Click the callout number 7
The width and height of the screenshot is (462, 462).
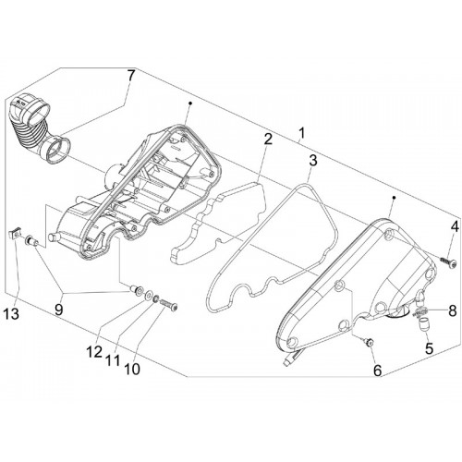(x=131, y=76)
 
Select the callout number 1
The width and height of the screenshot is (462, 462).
(x=301, y=133)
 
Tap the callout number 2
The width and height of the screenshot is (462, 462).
(x=268, y=140)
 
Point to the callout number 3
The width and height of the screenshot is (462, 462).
(x=312, y=160)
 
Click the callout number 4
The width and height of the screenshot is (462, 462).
(x=455, y=227)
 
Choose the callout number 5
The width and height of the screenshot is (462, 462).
(x=429, y=348)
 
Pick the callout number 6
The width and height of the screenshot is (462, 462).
(x=378, y=371)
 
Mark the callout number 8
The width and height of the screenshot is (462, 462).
(x=452, y=310)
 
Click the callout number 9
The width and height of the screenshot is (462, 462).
(x=58, y=309)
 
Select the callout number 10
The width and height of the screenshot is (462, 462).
(x=132, y=369)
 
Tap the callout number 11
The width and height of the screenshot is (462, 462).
(x=112, y=359)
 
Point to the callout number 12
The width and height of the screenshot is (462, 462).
(x=93, y=351)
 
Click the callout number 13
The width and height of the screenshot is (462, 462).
(x=11, y=313)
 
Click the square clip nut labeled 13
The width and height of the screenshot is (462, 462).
(x=13, y=237)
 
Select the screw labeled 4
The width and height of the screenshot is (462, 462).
(x=448, y=262)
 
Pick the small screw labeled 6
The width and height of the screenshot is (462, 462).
(x=368, y=341)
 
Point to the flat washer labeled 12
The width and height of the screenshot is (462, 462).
(x=148, y=295)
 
